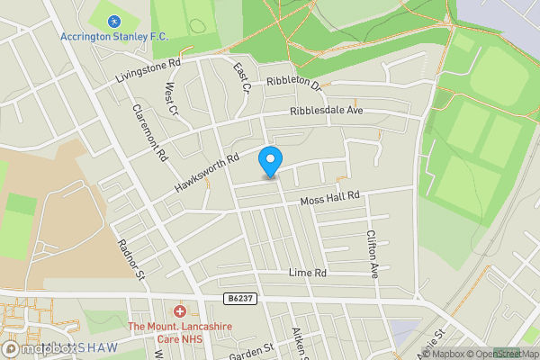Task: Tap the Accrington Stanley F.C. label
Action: pos(114,37)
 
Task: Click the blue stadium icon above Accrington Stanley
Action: pos(113,21)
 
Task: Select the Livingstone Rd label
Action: pos(148,71)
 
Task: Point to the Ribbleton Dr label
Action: pos(293,82)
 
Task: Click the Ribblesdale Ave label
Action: pos(326,112)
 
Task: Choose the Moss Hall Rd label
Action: pos(329,196)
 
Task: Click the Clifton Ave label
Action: pos(372,253)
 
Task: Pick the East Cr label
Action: pos(240,78)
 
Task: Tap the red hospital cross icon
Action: pos(180,311)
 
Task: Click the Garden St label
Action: pos(251,350)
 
